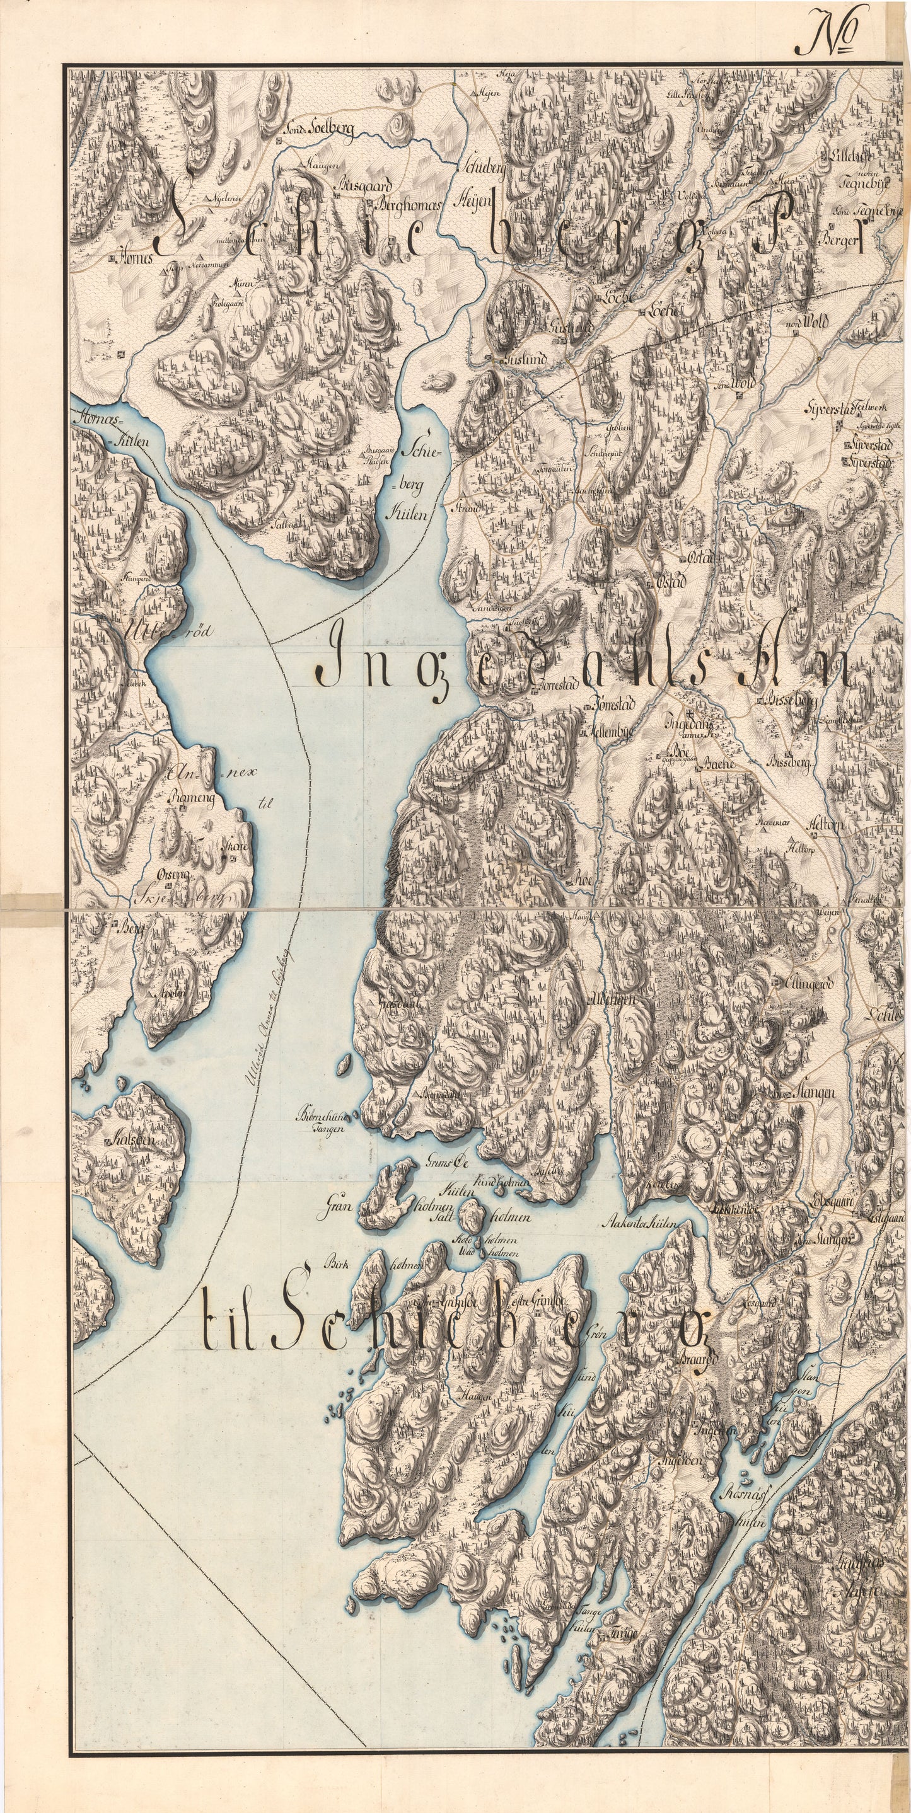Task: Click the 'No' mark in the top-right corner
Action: [828, 34]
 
